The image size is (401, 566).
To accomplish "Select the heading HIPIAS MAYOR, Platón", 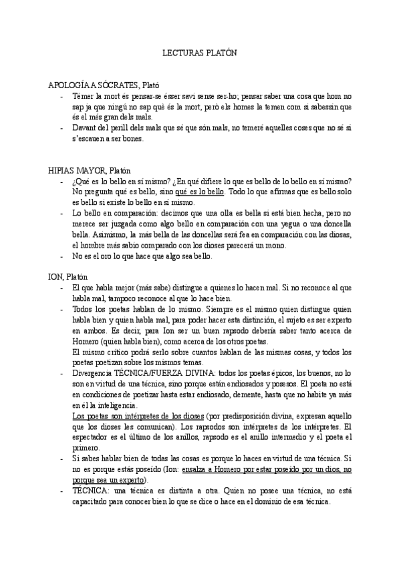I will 90,171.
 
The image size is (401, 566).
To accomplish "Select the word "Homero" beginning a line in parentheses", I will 86,341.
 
